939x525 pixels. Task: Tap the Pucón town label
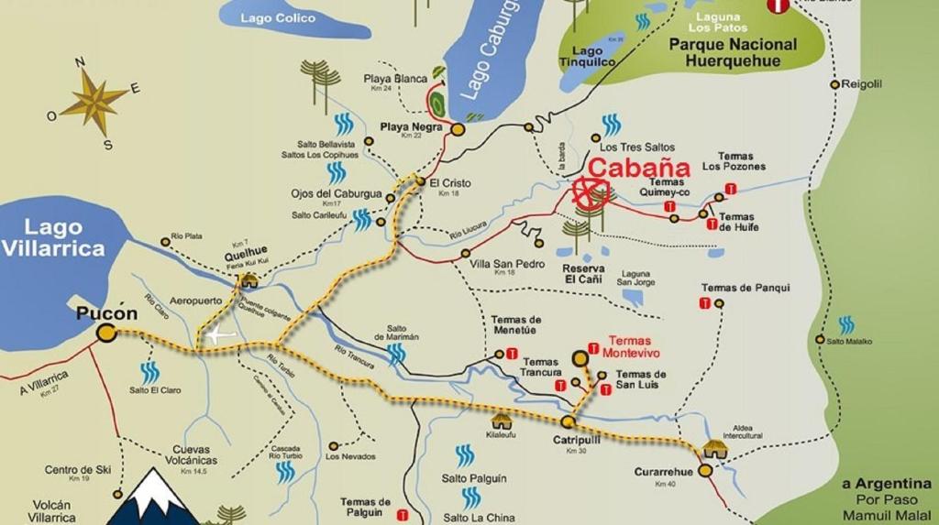click(106, 313)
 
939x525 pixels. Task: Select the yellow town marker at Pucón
click(106, 333)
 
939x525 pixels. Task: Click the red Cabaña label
click(638, 168)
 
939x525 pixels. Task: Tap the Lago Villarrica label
click(53, 237)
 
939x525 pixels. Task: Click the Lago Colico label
click(277, 18)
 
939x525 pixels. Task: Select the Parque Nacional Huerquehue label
click(733, 53)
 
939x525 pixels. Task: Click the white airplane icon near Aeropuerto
click(220, 335)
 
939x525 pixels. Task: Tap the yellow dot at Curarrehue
click(704, 470)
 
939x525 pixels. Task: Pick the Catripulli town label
click(576, 440)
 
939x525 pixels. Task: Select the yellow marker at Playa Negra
click(458, 130)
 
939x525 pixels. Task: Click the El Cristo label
click(449, 183)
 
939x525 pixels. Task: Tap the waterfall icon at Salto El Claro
click(149, 372)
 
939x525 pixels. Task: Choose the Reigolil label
click(862, 84)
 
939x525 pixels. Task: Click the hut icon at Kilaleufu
click(502, 421)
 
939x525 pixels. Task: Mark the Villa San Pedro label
click(507, 264)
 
